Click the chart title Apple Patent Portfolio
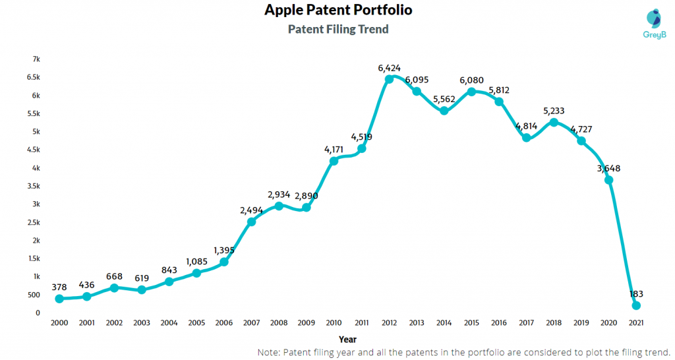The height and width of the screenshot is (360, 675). coord(338,11)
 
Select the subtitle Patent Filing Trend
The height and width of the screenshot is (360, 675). coord(338,29)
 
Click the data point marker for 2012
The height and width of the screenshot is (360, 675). coord(389,78)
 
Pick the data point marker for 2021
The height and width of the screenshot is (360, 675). coord(636,305)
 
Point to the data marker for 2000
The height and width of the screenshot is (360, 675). coord(59,299)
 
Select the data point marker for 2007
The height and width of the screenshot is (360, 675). coord(251,222)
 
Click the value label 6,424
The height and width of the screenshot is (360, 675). coord(389,67)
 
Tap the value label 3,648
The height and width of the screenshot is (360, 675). coord(608,168)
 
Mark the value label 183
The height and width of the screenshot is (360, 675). coord(636,293)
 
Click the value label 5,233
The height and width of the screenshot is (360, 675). coord(554,111)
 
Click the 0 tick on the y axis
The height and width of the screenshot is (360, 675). coord(38,313)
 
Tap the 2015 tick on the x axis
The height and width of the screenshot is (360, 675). coord(471,323)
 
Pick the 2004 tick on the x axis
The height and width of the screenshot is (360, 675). coord(169,323)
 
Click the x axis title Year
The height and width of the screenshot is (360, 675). coord(347,339)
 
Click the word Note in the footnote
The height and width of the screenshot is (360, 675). coord(270,353)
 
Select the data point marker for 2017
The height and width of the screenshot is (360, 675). coord(526,138)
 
